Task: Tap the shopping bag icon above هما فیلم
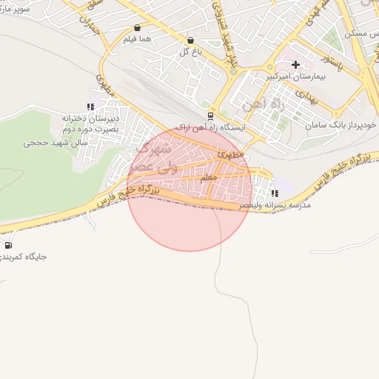137,28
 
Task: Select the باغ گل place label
190,51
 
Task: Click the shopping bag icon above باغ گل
190,41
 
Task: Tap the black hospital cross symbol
296,65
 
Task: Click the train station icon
211,116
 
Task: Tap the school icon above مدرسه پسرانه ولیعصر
275,194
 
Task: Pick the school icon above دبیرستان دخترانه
90,106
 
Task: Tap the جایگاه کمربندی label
24,257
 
